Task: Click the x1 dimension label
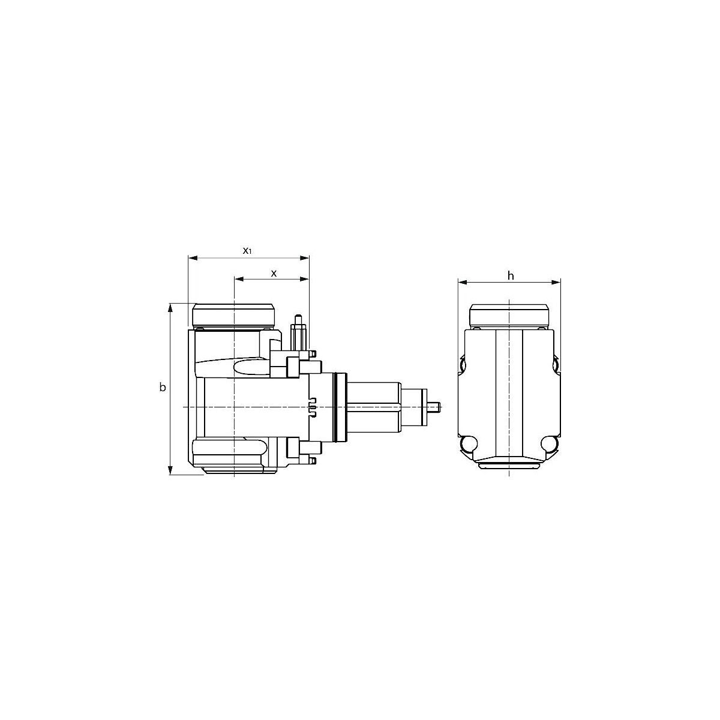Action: [x=247, y=251]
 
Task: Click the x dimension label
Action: [x=274, y=274]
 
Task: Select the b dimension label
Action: [x=163, y=388]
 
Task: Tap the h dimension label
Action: [x=511, y=276]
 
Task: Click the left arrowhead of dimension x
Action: [x=239, y=279]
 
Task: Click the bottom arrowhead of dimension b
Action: [x=170, y=470]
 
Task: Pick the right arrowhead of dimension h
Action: [x=556, y=282]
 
